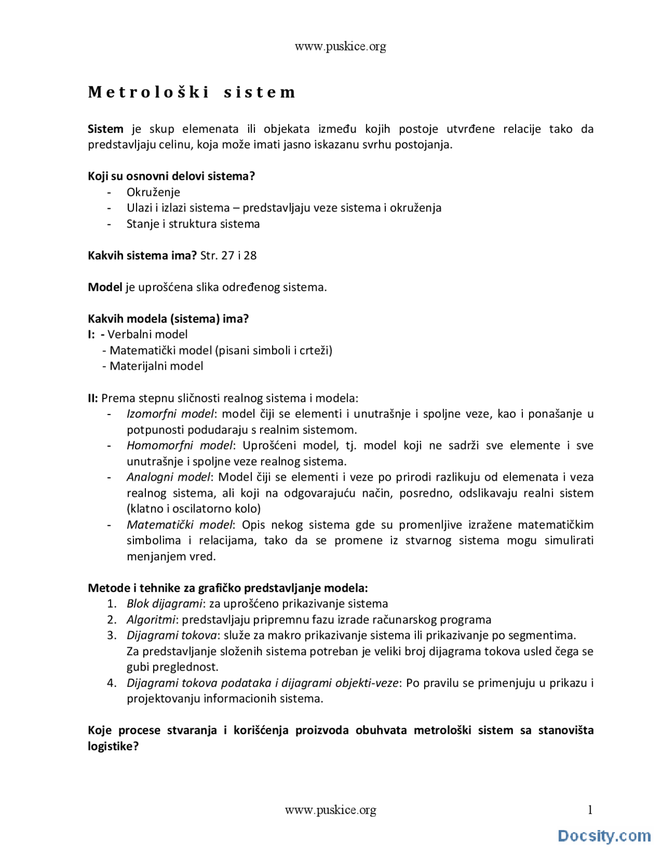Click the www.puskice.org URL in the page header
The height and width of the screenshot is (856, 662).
tap(340, 47)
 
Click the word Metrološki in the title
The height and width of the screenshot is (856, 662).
tap(148, 92)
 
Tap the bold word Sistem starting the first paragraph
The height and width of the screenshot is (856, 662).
tap(106, 129)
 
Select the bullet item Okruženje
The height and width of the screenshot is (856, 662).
tap(153, 192)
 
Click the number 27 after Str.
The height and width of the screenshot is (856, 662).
tap(228, 255)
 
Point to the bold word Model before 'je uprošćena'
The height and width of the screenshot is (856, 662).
tap(105, 287)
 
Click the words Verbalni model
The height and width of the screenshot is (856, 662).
tap(147, 334)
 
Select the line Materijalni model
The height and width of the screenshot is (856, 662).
tap(156, 366)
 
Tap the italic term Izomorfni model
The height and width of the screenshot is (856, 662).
tap(170, 414)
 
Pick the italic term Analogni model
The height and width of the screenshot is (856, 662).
tap(169, 477)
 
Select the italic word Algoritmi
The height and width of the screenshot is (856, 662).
tap(151, 619)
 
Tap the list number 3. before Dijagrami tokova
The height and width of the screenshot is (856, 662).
tap(112, 635)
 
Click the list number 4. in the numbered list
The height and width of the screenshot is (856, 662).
tap(112, 683)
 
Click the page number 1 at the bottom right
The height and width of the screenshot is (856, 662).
tap(590, 809)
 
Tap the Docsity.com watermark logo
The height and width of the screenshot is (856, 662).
tap(604, 835)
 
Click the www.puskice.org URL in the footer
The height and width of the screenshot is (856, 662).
tap(330, 810)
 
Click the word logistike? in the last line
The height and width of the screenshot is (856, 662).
tap(113, 746)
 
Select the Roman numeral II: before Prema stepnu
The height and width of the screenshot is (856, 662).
tap(93, 398)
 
